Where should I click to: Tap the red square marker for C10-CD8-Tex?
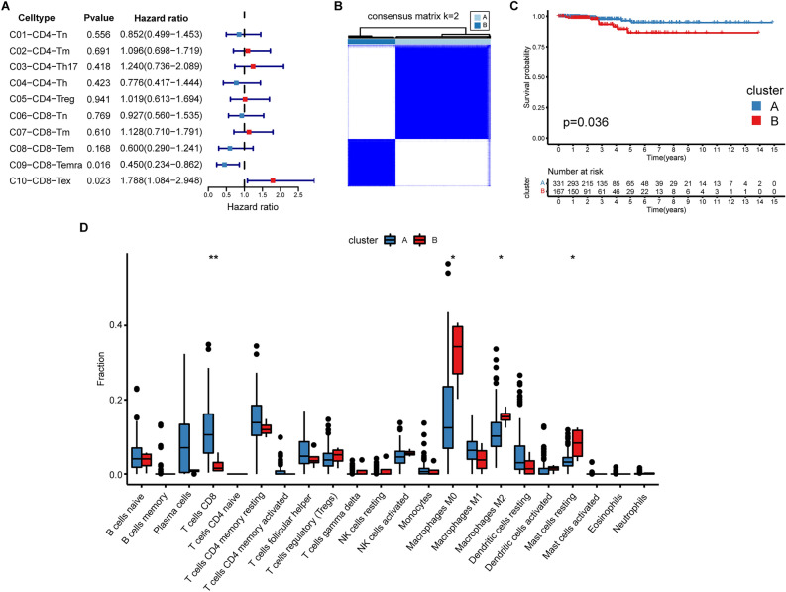pos(273,181)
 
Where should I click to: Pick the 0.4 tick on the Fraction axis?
pos(115,325)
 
